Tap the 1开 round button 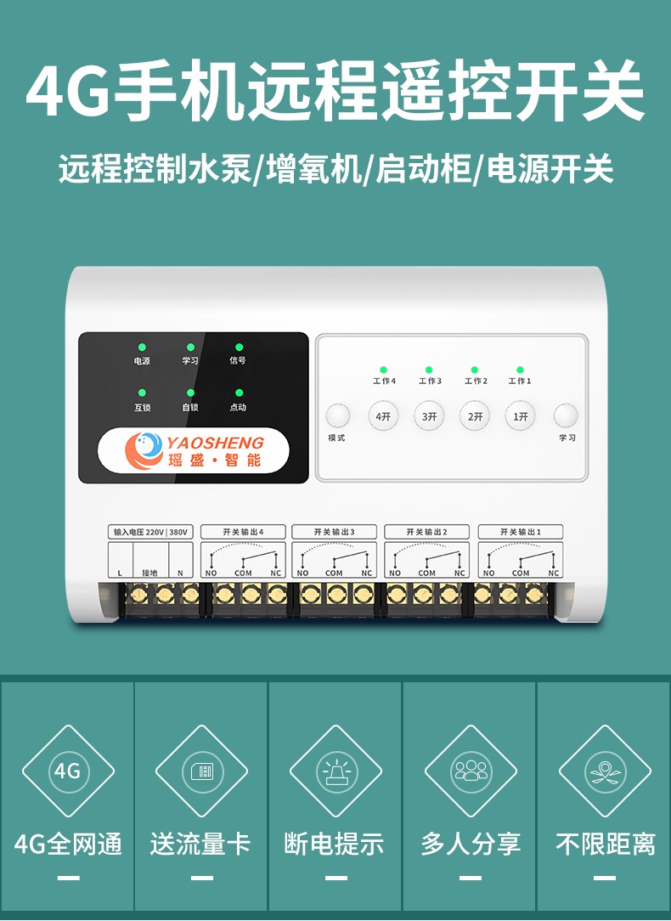[x=520, y=415]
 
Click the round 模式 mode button [x=337, y=415]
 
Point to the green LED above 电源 [x=142, y=347]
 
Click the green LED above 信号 [x=239, y=347]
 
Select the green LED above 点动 [x=239, y=393]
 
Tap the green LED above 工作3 [x=429, y=370]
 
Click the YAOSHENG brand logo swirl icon [x=144, y=450]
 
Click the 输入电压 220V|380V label [x=150, y=532]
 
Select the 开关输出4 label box [x=243, y=532]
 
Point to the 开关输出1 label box [x=520, y=532]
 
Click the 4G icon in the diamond [x=68, y=771]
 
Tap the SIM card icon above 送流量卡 [x=201, y=771]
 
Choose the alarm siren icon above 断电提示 [x=336, y=771]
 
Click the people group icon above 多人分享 [x=471, y=771]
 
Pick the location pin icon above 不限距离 [x=605, y=771]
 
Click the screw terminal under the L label [x=138, y=596]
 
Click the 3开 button [x=429, y=415]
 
